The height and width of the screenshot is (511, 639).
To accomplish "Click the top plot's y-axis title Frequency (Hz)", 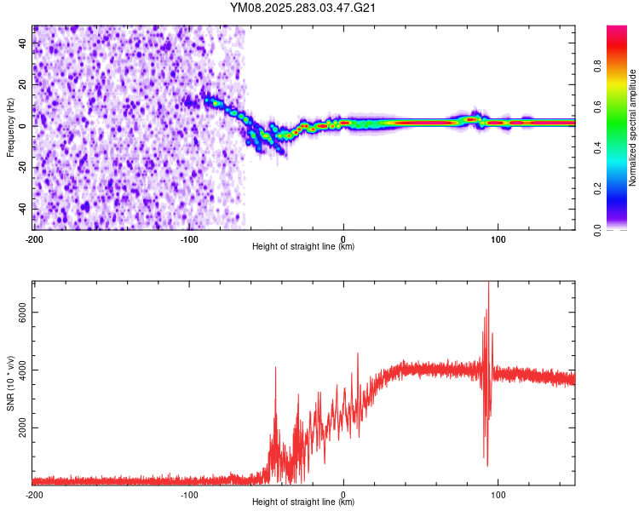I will [x=10, y=128].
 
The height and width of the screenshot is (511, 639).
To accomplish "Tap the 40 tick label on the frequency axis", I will [x=23, y=44].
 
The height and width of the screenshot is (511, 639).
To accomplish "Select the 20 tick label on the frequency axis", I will [x=23, y=85].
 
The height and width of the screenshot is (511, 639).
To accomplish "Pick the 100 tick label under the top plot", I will [x=498, y=238].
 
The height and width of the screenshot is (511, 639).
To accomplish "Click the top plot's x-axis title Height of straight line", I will [x=303, y=247].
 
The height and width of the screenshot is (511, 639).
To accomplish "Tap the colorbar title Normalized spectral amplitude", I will [x=633, y=128].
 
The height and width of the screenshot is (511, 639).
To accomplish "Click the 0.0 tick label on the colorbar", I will [x=621, y=229].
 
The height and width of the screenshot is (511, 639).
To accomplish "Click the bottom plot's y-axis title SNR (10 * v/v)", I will [x=10, y=381].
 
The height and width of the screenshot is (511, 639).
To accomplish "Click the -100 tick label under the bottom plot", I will [x=188, y=494].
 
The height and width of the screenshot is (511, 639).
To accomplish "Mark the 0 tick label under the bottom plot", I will [x=343, y=494].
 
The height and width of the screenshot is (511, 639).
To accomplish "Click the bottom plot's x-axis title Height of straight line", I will [x=303, y=502].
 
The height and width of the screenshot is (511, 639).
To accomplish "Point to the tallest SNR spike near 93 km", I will [x=488, y=284].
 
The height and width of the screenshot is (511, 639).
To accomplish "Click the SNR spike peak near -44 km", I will [x=276, y=367].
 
